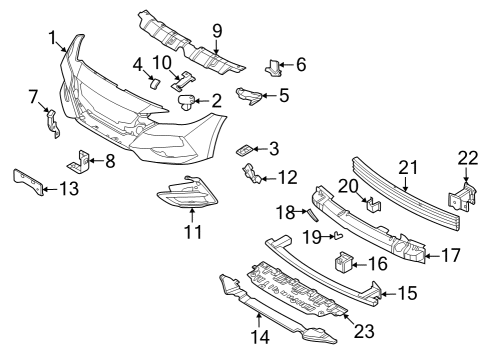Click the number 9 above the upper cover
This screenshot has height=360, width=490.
[216, 29]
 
